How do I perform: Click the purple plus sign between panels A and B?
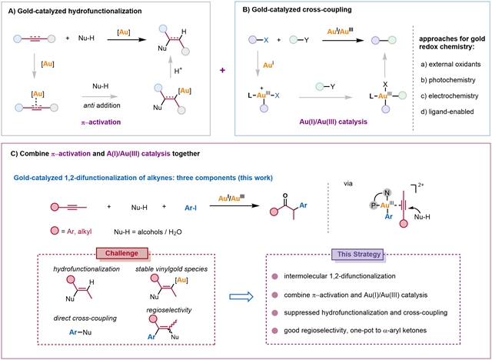[x=224, y=71]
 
